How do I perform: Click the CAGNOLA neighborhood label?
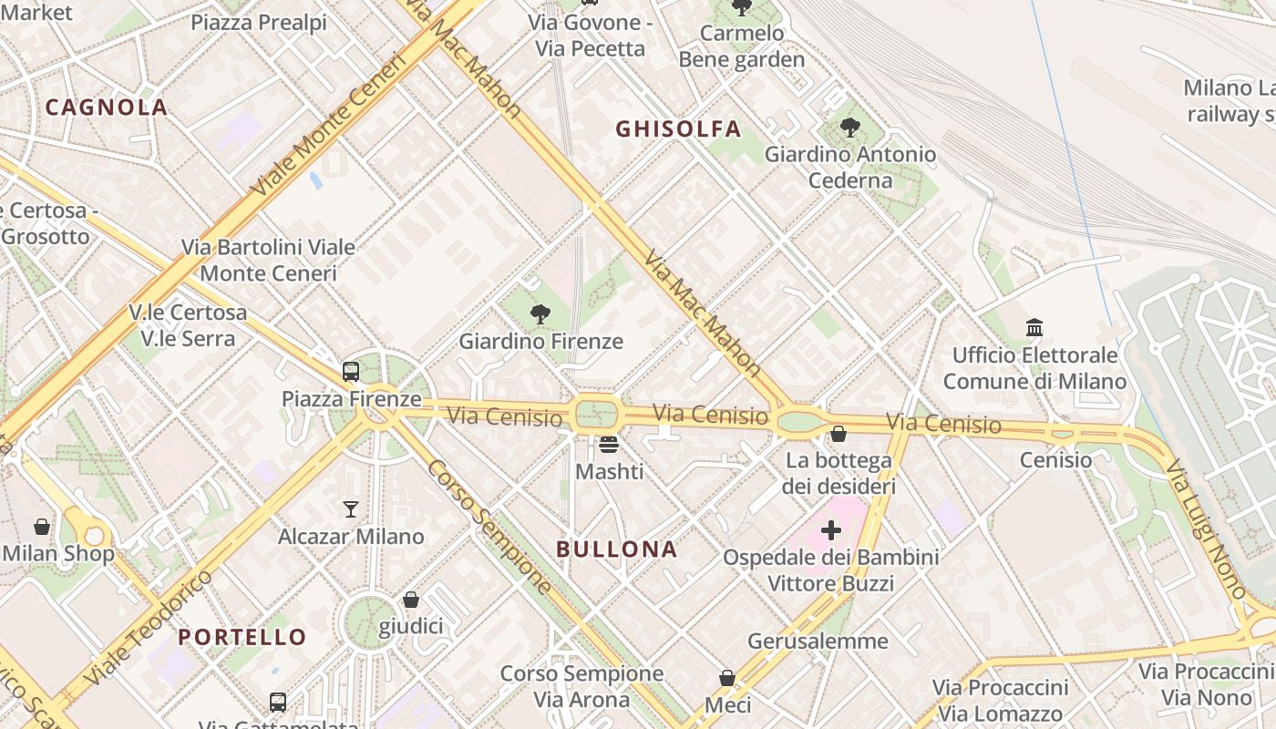pyautogui.click(x=107, y=108)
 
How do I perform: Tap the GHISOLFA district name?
pyautogui.click(x=678, y=129)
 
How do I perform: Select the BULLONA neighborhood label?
pyautogui.click(x=616, y=549)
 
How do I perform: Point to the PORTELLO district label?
pyautogui.click(x=242, y=637)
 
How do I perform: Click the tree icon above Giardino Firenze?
pyautogui.click(x=540, y=315)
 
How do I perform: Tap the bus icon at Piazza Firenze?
pyautogui.click(x=351, y=372)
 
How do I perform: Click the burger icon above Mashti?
pyautogui.click(x=609, y=445)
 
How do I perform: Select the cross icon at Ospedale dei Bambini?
pyautogui.click(x=830, y=529)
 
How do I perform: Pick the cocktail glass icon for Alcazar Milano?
pyautogui.click(x=351, y=509)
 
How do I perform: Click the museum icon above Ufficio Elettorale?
pyautogui.click(x=1034, y=327)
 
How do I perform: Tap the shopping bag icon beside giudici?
pyautogui.click(x=411, y=600)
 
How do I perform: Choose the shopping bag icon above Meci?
pyautogui.click(x=727, y=678)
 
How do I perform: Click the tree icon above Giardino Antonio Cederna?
pyautogui.click(x=849, y=128)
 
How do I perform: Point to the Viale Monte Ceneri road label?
pyautogui.click(x=328, y=126)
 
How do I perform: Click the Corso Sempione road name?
pyautogui.click(x=489, y=527)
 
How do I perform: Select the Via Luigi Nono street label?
pyautogui.click(x=1206, y=529)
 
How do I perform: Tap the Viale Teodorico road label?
pyautogui.click(x=148, y=629)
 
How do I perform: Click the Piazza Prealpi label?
pyautogui.click(x=258, y=23)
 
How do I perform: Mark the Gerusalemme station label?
pyautogui.click(x=818, y=642)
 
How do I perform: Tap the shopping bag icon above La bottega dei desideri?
pyautogui.click(x=838, y=434)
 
